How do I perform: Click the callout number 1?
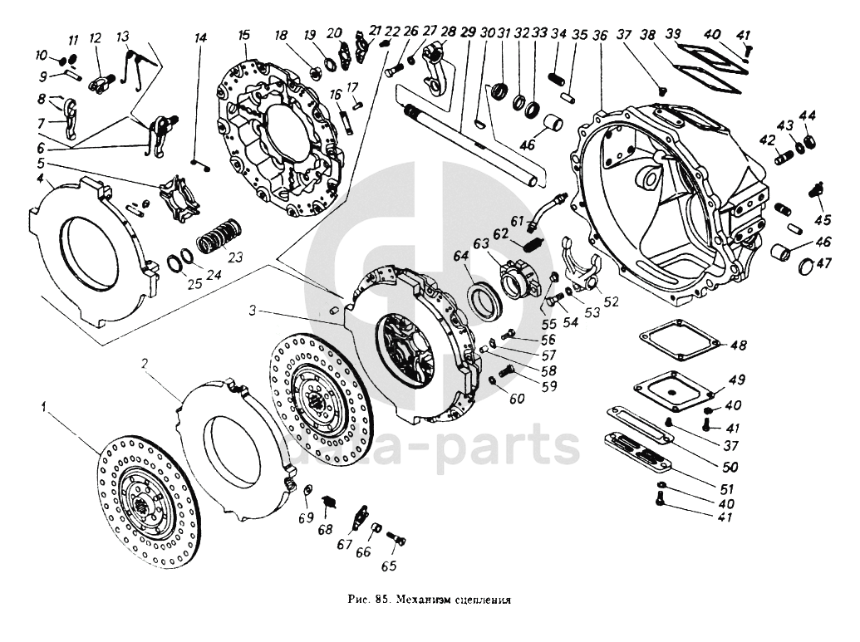point(43,409)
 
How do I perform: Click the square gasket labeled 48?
point(676,344)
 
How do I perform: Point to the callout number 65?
point(389,566)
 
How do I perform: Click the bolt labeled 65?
point(396,541)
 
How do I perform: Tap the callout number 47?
point(823,263)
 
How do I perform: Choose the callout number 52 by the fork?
point(612,301)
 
